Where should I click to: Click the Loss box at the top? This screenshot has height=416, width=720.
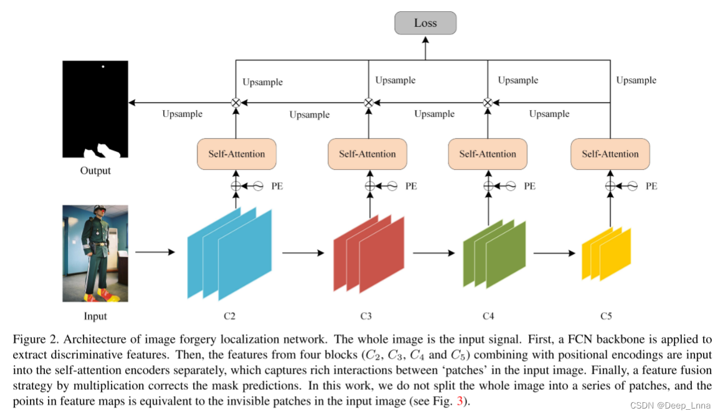click(x=425, y=23)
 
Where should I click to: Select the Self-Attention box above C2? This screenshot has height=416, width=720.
click(x=236, y=154)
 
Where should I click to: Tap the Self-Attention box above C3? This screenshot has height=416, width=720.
click(x=367, y=154)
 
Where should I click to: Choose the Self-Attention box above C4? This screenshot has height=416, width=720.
click(x=488, y=154)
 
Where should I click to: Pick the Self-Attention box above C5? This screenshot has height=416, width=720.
click(x=610, y=154)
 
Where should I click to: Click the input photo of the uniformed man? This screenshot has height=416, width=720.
click(x=95, y=253)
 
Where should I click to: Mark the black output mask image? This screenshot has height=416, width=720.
click(x=95, y=109)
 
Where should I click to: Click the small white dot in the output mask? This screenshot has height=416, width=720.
click(x=103, y=67)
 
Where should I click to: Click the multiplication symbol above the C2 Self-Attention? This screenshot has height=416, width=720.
click(x=236, y=103)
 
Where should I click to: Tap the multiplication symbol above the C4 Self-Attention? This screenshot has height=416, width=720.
click(x=488, y=103)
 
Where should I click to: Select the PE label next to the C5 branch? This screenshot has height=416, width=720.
click(x=651, y=186)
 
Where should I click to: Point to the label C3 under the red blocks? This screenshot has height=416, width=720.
click(x=366, y=317)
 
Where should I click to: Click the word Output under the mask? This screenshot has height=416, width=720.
click(x=95, y=171)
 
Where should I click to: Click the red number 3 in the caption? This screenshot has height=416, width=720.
click(x=460, y=401)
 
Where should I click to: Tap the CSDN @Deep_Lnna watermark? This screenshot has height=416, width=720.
click(x=670, y=405)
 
